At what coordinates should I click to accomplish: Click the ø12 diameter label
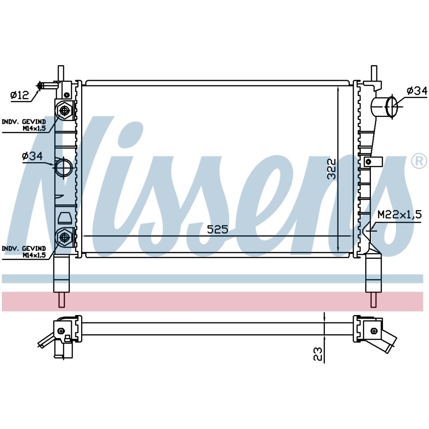tap(19, 95)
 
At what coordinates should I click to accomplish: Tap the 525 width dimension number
tap(218, 229)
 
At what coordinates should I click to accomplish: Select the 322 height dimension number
tap(331, 169)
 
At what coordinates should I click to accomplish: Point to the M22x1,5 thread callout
tap(399, 214)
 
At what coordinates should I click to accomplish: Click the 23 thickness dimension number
tap(317, 354)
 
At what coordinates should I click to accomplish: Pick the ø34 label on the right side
tap(417, 90)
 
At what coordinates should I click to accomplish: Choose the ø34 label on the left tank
tap(32, 156)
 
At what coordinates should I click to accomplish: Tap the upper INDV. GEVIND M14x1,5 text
tap(24, 125)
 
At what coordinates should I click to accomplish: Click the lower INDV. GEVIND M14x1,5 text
tap(24, 252)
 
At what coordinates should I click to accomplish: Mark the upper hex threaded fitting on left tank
tap(65, 110)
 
